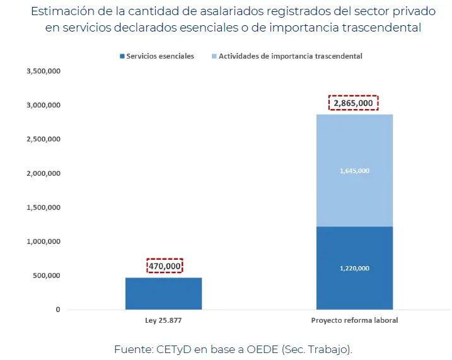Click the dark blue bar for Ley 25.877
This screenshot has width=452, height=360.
click(163, 294)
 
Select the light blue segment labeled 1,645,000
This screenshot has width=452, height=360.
click(354, 170)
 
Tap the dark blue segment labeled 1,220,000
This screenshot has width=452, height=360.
click(354, 268)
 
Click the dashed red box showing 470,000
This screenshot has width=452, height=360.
click(165, 266)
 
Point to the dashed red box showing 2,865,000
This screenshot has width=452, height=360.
click(354, 103)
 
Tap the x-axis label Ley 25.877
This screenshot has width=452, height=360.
click(163, 320)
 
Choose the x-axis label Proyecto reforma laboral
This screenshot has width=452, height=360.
click(354, 320)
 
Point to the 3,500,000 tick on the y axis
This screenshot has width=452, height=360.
click(43, 71)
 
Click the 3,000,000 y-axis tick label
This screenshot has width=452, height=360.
click(43, 105)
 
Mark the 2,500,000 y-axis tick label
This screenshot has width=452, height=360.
click(43, 139)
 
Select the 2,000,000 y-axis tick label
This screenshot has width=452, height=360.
click(43, 173)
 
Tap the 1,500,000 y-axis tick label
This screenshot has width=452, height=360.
click(43, 207)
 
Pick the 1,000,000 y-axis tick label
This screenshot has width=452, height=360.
click(43, 241)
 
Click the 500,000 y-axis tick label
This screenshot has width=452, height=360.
click(45, 276)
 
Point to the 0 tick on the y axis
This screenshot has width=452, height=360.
click(57, 310)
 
